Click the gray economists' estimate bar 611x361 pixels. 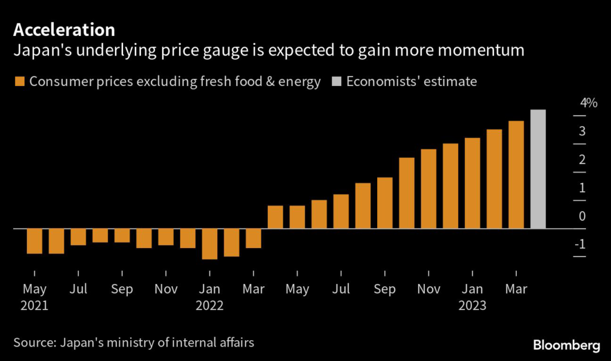pos(538,169)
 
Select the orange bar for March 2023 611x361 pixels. pos(516,175)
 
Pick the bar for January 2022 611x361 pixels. pos(209,244)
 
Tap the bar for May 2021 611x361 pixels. pos(35,241)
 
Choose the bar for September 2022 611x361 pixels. pos(385,203)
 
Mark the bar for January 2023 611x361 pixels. pos(473,183)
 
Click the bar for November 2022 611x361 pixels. pos(428,188)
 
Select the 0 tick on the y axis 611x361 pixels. pos(582,216)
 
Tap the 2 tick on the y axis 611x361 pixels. pos(582,160)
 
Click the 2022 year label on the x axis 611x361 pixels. pos(209,305)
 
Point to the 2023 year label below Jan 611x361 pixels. pos(473,305)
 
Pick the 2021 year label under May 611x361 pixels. pos(35,305)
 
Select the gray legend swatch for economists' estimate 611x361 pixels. pos(337,82)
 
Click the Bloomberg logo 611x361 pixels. pos(566,345)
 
